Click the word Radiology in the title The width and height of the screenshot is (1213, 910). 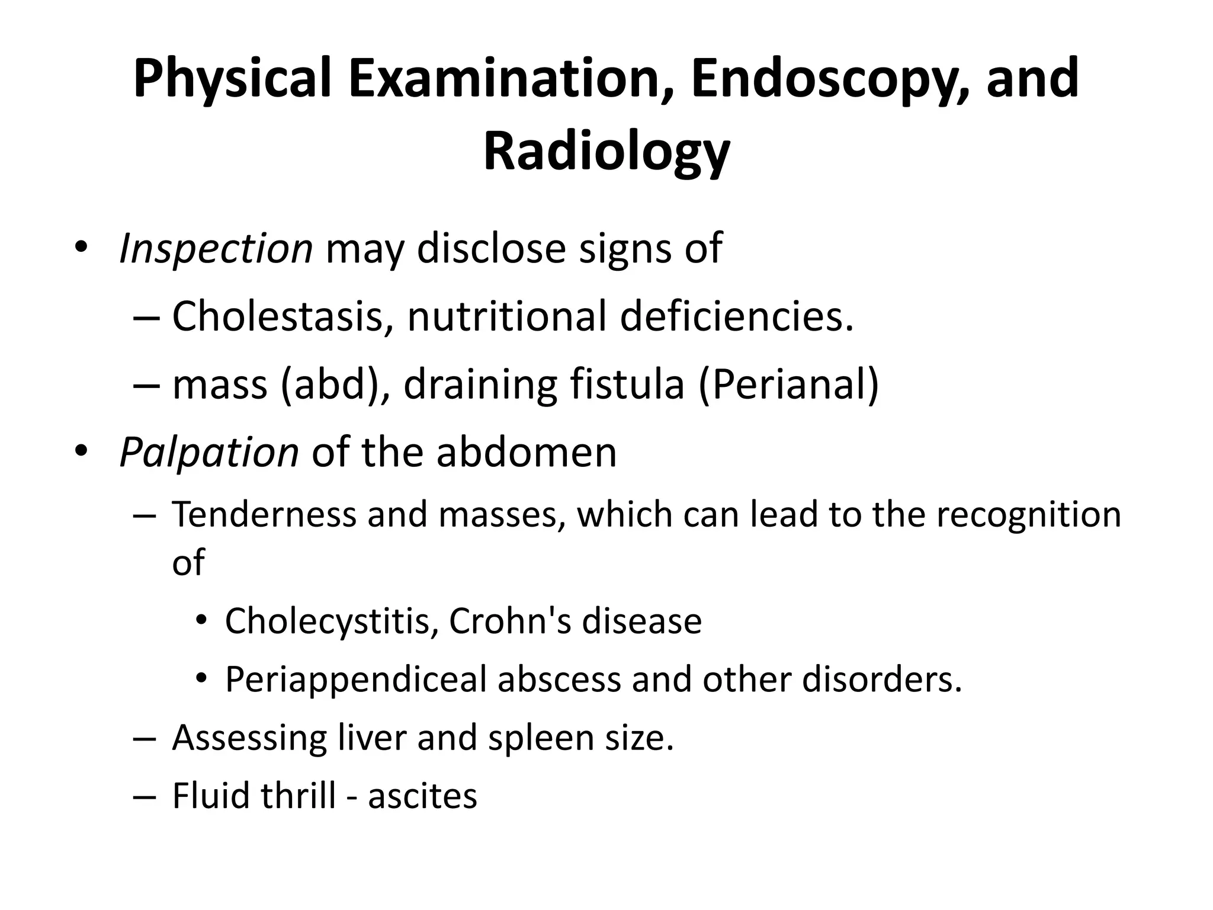click(606, 152)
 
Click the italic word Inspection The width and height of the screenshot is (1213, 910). click(216, 248)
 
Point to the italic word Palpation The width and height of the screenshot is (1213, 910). click(208, 453)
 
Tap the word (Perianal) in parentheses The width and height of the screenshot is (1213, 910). click(789, 384)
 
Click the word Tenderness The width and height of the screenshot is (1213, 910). click(264, 514)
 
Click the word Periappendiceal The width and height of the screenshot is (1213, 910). click(355, 679)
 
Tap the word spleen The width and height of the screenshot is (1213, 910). click(535, 738)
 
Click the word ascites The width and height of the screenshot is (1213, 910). click(422, 796)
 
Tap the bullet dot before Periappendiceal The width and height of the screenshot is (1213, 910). click(201, 679)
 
